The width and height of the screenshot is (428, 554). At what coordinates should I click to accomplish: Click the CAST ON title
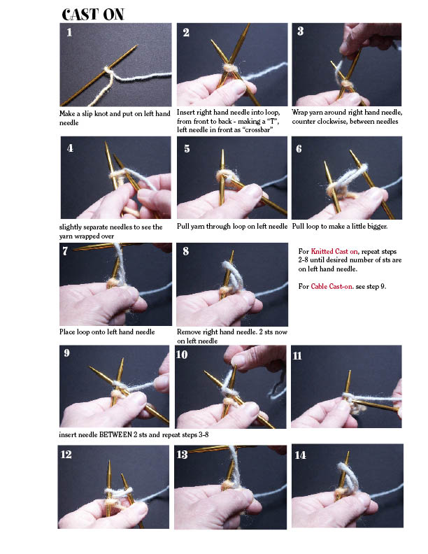pyautogui.click(x=93, y=15)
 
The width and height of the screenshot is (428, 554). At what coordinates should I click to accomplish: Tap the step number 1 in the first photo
pyautogui.click(x=69, y=32)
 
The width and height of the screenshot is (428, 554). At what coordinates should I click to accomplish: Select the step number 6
pyautogui.click(x=299, y=149)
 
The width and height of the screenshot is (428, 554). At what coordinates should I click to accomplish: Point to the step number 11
pyautogui.click(x=297, y=355)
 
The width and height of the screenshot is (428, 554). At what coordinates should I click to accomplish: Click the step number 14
pyautogui.click(x=300, y=455)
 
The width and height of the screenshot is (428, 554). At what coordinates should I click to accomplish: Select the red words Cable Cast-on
pyautogui.click(x=331, y=286)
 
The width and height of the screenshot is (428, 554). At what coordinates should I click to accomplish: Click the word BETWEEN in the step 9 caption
pyautogui.click(x=115, y=434)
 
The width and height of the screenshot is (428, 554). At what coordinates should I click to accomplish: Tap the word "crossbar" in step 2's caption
pyautogui.click(x=259, y=129)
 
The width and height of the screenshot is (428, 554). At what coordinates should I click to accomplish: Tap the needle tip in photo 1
pyautogui.click(x=136, y=46)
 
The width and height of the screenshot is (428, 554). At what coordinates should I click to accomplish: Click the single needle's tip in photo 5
pyautogui.click(x=223, y=151)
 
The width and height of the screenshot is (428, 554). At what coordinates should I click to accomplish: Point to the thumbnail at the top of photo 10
pyautogui.click(x=238, y=360)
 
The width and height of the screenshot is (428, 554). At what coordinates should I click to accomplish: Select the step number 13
pyautogui.click(x=183, y=454)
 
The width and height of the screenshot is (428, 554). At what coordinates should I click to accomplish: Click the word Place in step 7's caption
pyautogui.click(x=67, y=332)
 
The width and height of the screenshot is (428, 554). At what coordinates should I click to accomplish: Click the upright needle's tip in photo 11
pyautogui.click(x=350, y=372)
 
